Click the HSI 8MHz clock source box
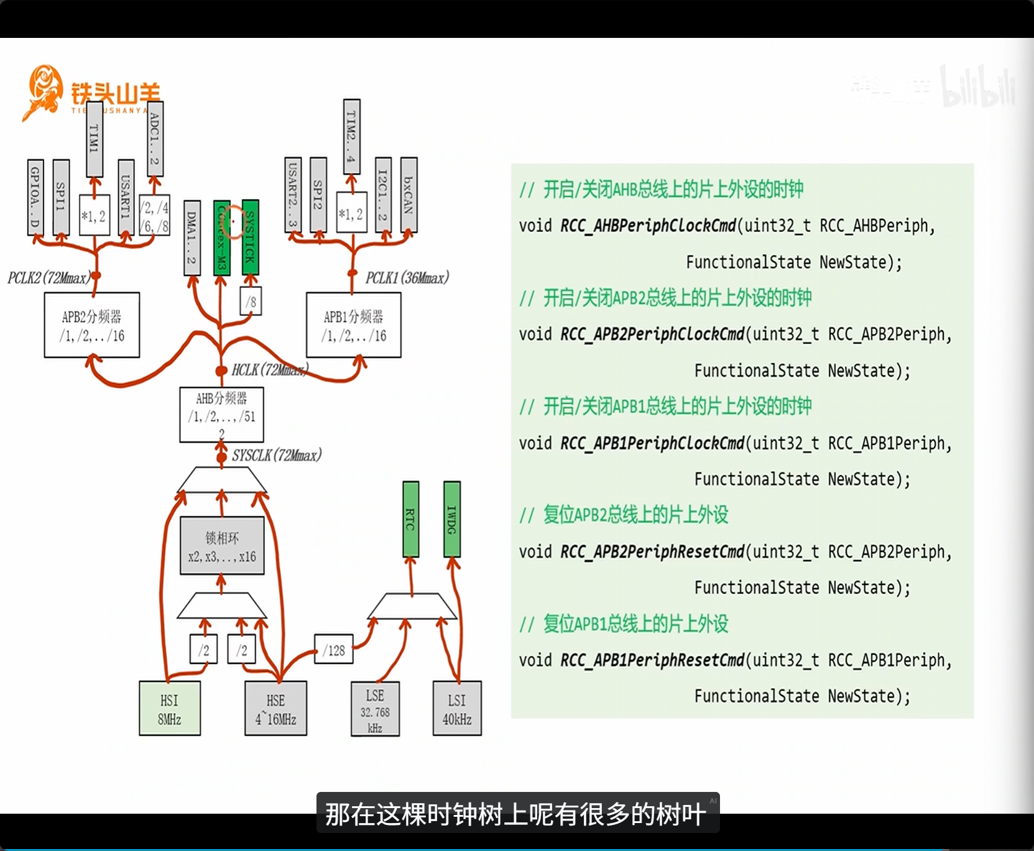tap(170, 709)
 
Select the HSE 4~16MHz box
tap(275, 709)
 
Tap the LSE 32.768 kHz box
tap(375, 709)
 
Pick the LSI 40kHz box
tap(457, 709)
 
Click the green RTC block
tap(410, 519)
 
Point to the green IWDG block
tap(452, 519)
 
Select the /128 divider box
tap(334, 650)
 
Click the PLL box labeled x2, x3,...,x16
tap(222, 546)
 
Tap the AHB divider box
tap(221, 414)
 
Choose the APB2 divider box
tap(92, 325)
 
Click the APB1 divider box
tap(354, 325)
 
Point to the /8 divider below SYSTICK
tap(251, 301)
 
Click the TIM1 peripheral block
tap(95, 139)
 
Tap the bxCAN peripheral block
tap(409, 195)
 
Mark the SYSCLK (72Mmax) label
tap(277, 456)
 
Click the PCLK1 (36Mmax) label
tap(407, 277)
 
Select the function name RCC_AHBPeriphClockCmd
tap(648, 225)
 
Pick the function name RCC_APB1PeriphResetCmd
tap(652, 660)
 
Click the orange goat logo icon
tap(43, 92)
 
